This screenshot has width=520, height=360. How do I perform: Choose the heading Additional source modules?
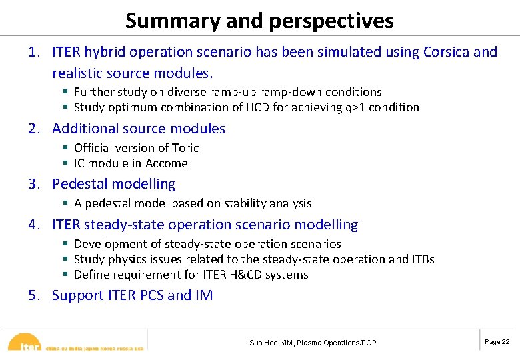[x=139, y=129]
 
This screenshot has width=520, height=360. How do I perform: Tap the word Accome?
[x=167, y=163]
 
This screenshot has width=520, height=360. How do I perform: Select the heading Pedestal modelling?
[x=113, y=184]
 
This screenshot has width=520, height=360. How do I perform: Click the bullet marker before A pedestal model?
[x=65, y=203]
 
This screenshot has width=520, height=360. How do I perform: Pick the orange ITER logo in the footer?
[x=27, y=343]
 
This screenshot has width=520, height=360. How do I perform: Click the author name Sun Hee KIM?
[x=273, y=343]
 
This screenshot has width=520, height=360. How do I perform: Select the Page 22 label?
[x=497, y=341]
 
